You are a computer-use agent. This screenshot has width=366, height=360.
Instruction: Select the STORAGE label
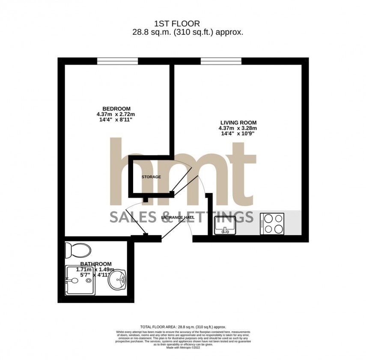[152, 177]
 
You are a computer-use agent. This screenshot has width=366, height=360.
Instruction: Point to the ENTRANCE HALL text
[178, 217]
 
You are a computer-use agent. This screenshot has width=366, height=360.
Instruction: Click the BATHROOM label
[96, 264]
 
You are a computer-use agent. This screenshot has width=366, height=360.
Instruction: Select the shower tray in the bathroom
[80, 281]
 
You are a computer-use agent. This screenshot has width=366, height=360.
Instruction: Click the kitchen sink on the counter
[225, 226]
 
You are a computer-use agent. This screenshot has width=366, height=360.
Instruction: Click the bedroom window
[117, 61]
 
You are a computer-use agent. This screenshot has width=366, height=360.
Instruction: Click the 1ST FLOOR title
[183, 24]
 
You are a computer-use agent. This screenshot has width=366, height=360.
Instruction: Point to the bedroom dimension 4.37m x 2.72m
[115, 114]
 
